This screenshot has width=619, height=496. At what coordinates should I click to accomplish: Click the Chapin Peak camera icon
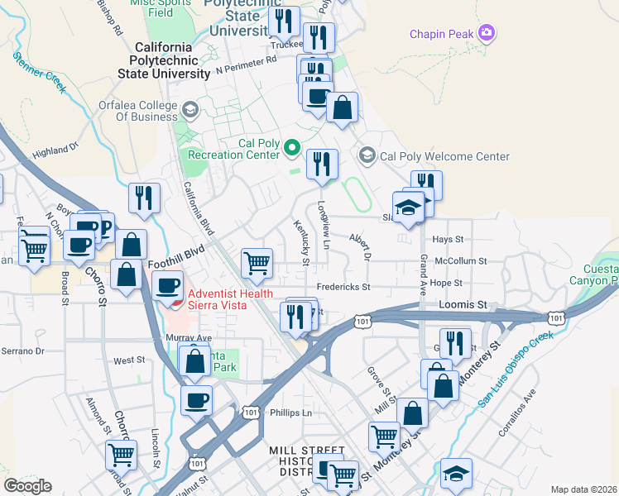(487, 33)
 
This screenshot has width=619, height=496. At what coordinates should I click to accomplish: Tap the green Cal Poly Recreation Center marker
(291, 149)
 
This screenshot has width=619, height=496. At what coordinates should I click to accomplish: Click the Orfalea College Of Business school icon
(190, 110)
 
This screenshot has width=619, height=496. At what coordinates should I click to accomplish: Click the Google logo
(27, 486)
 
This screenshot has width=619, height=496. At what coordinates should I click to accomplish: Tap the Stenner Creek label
(39, 72)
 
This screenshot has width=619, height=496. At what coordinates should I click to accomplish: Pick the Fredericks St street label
(341, 287)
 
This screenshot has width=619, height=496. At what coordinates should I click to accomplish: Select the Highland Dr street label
(55, 150)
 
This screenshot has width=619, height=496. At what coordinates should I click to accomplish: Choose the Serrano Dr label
(22, 351)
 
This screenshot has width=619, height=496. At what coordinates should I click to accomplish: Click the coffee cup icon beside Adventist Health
(168, 286)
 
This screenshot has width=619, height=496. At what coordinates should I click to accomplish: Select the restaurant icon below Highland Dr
(145, 198)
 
